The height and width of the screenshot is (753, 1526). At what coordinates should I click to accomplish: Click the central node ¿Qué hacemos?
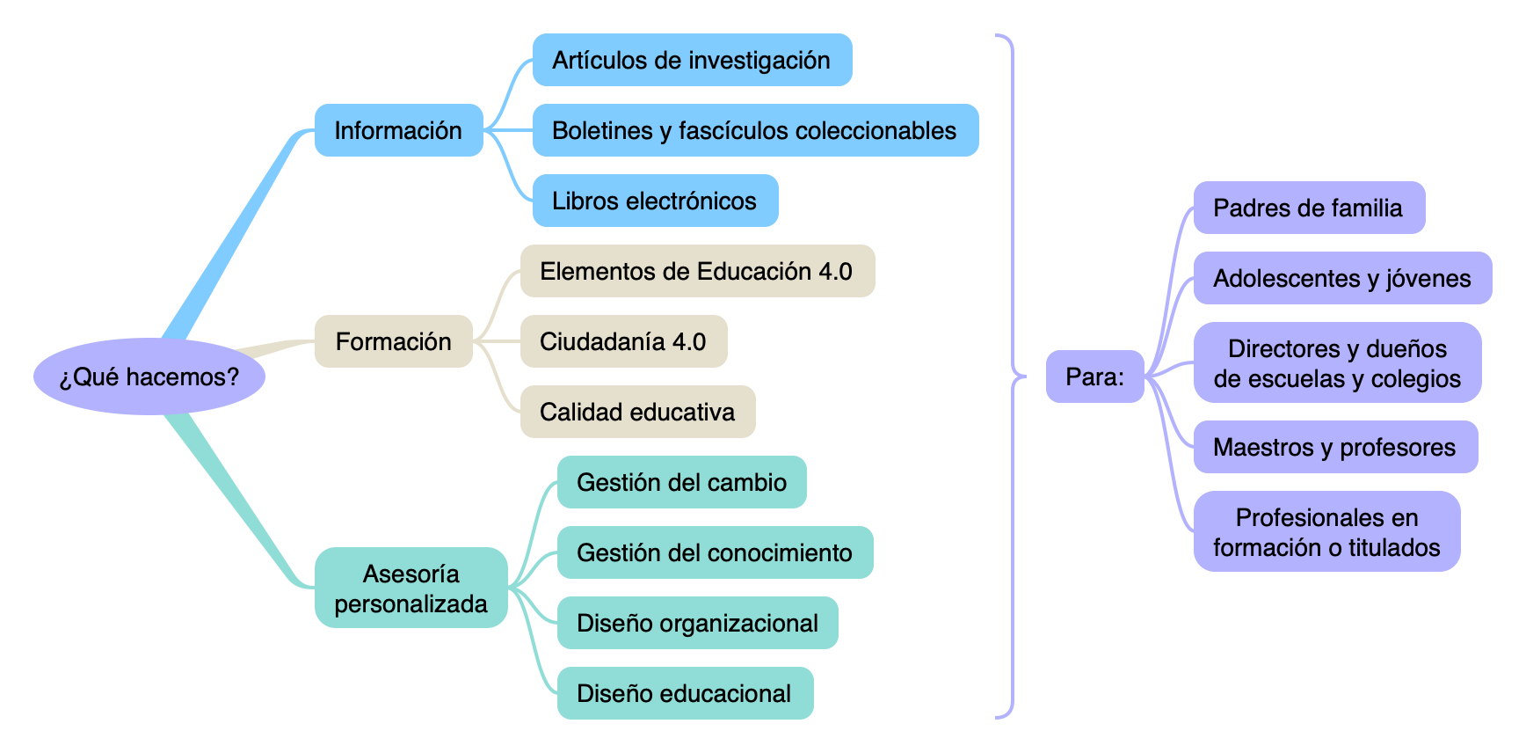click(x=149, y=376)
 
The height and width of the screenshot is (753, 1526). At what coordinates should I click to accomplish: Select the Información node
click(x=398, y=130)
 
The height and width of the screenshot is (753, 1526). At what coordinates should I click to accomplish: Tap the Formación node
click(x=393, y=341)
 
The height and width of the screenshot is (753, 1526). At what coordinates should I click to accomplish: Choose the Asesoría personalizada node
click(x=411, y=588)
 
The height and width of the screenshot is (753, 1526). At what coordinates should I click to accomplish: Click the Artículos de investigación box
click(x=692, y=60)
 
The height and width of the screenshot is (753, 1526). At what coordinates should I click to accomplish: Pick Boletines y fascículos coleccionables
click(x=755, y=130)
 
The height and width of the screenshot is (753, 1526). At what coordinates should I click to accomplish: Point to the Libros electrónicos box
click(x=655, y=201)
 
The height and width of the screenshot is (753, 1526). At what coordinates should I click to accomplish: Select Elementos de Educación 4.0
click(x=697, y=271)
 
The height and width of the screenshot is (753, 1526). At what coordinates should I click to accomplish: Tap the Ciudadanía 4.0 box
click(x=623, y=341)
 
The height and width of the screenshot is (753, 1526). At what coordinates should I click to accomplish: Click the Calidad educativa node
click(x=637, y=412)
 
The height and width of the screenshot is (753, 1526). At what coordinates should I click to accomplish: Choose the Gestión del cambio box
click(x=681, y=482)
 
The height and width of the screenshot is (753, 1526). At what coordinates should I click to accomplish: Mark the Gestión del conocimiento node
click(x=715, y=552)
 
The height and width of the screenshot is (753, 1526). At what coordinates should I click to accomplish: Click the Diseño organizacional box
click(x=697, y=623)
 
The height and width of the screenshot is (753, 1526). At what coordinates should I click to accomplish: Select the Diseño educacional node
click(x=685, y=693)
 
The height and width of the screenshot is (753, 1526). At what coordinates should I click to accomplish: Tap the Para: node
click(x=1094, y=376)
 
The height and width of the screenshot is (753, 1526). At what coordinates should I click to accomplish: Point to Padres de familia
click(x=1309, y=208)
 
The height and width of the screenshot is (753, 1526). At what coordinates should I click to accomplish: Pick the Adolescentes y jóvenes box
click(x=1342, y=278)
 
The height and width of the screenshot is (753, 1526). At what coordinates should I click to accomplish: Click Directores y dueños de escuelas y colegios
click(x=1337, y=362)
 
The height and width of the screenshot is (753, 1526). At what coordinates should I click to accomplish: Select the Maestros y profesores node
click(x=1335, y=447)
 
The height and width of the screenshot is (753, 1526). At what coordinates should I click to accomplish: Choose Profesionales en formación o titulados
click(x=1326, y=531)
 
